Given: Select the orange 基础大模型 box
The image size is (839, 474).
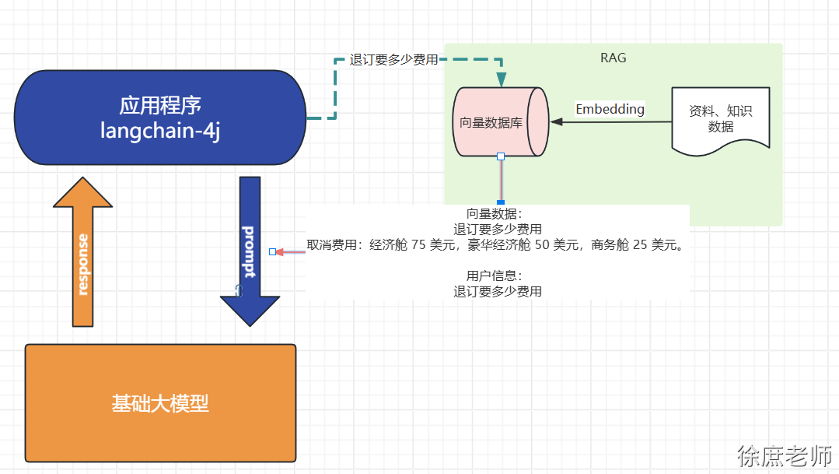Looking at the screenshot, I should pyautogui.click(x=161, y=403).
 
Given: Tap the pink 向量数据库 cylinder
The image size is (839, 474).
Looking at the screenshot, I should pyautogui.click(x=497, y=122).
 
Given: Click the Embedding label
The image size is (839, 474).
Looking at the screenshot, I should pyautogui.click(x=610, y=109).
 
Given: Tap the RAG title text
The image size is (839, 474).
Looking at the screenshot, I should pyautogui.click(x=613, y=58).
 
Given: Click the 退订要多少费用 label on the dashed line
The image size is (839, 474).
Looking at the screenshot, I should pyautogui.click(x=393, y=60).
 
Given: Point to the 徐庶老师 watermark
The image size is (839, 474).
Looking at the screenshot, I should pyautogui.click(x=785, y=455).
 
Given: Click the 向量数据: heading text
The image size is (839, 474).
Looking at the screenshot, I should pyautogui.click(x=498, y=213).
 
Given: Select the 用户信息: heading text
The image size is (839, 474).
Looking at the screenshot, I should pyautogui.click(x=498, y=276).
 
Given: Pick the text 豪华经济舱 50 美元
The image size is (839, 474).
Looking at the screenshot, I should pyautogui.click(x=525, y=245).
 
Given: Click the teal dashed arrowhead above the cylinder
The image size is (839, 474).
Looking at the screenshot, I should pyautogui.click(x=501, y=79).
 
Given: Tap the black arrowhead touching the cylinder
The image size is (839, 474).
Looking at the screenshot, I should pyautogui.click(x=555, y=121).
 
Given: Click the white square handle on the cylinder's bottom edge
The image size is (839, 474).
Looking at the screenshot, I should pyautogui.click(x=501, y=156).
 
